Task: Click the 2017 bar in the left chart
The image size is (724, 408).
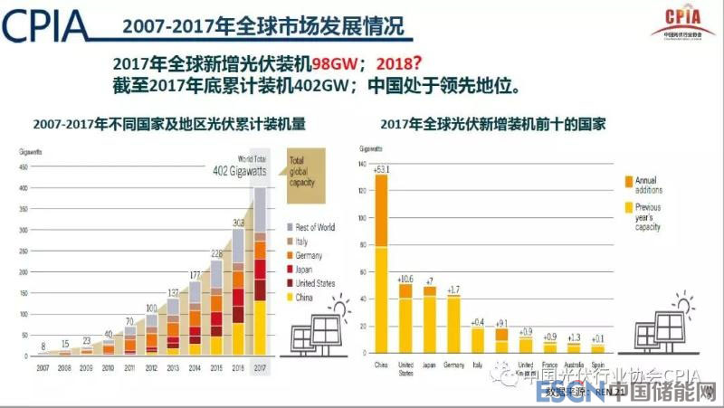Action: tap(259, 271)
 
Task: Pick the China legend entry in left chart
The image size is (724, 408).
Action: tap(304, 297)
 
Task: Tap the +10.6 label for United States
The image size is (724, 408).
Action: tap(405, 278)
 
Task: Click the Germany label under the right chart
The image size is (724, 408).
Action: tap(452, 365)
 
